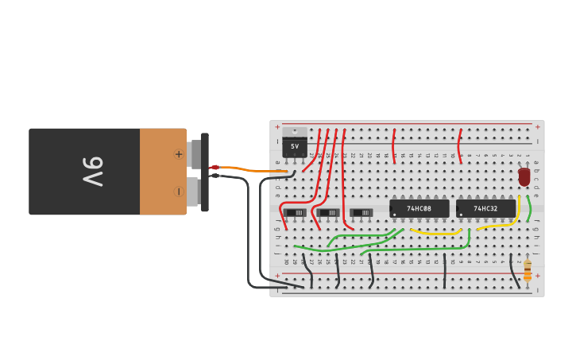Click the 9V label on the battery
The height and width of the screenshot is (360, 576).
pyautogui.click(x=93, y=171)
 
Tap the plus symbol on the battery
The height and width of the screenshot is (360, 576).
pyautogui.click(x=179, y=154)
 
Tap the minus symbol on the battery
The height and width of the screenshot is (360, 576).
pyautogui.click(x=179, y=191)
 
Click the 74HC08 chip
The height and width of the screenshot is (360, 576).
pyautogui.click(x=419, y=208)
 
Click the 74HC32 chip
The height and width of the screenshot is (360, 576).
pyautogui.click(x=485, y=208)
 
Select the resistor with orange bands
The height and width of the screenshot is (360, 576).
pyautogui.click(x=527, y=270)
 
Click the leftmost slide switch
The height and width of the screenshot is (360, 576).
pyautogui.click(x=295, y=212)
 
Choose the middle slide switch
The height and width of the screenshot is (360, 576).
pyautogui.click(x=328, y=212)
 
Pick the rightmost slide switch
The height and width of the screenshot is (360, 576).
pyautogui.click(x=361, y=212)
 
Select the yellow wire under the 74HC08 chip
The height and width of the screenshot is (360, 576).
pyautogui.click(x=435, y=233)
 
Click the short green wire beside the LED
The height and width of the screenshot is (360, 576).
pyautogui.click(x=528, y=208)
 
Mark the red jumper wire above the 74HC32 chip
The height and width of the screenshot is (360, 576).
pyautogui.click(x=459, y=146)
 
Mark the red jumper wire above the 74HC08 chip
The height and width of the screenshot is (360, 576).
pyautogui.click(x=393, y=146)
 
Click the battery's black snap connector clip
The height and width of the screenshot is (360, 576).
pyautogui.click(x=204, y=172)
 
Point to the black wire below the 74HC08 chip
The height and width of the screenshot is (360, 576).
pyautogui.click(x=445, y=270)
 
